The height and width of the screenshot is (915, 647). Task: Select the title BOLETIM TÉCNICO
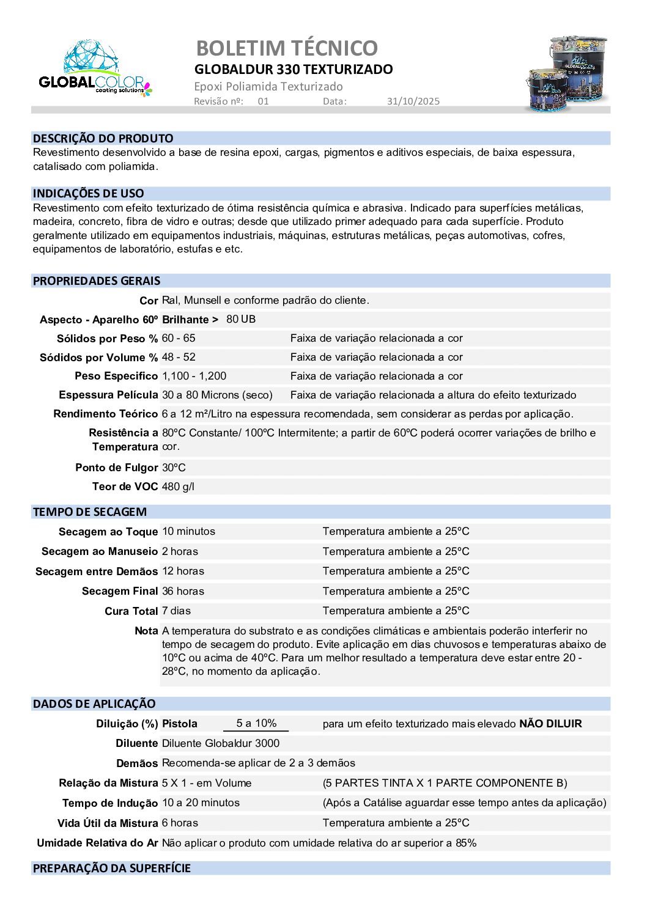click(287, 48)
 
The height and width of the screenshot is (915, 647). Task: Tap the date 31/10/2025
click(413, 101)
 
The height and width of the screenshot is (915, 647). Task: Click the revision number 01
click(263, 101)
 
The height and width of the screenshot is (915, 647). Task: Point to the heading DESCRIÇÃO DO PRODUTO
click(103, 138)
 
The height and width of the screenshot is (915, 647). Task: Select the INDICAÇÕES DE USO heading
click(88, 194)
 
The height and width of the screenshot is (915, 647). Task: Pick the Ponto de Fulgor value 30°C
click(174, 468)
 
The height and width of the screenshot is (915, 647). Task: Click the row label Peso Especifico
click(116, 376)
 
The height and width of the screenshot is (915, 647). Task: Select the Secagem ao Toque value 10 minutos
click(188, 531)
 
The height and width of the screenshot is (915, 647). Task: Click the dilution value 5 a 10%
click(256, 723)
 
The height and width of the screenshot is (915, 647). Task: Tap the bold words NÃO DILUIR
click(550, 724)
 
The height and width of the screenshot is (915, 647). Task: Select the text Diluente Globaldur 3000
click(220, 743)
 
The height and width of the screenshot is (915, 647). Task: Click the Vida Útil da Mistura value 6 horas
click(180, 823)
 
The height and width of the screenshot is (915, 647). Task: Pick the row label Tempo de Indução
click(110, 803)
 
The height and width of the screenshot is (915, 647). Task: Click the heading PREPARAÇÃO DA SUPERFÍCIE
click(112, 868)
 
